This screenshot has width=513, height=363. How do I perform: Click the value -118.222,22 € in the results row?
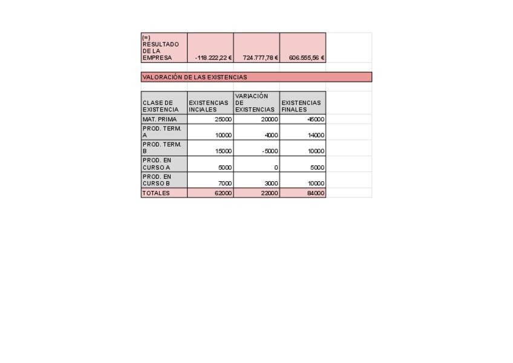(214, 58)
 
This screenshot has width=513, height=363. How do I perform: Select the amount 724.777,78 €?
(260, 58)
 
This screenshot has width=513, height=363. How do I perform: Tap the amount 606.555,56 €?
(307, 58)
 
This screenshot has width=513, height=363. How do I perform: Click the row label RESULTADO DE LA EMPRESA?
(161, 48)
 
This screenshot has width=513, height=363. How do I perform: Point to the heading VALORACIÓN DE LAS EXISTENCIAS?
(195, 78)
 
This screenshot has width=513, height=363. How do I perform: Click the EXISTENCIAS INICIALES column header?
(209, 106)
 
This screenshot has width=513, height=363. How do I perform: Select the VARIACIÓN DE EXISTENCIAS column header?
(255, 103)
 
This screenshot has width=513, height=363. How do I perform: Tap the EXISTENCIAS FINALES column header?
(301, 106)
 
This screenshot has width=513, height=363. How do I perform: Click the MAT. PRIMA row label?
(160, 119)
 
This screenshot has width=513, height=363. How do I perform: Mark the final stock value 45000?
(316, 119)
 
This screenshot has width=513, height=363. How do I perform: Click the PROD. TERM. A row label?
(162, 132)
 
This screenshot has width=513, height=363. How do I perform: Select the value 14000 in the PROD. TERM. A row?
(316, 136)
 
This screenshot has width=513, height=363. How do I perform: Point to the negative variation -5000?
(269, 152)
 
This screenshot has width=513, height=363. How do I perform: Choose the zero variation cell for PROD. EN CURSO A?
(276, 167)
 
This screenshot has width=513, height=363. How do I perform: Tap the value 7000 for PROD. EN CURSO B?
(224, 183)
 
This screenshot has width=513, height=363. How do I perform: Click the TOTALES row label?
(156, 193)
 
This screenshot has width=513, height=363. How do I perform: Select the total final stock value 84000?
(316, 193)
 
